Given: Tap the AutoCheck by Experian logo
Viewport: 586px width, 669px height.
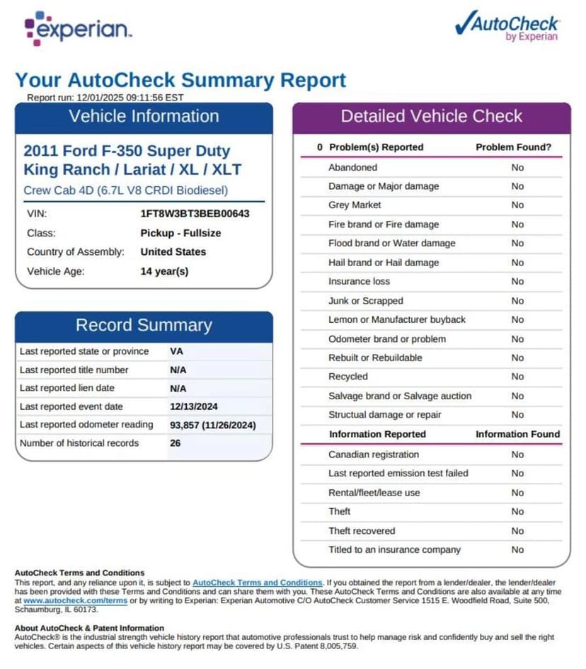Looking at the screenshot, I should tap(507, 26).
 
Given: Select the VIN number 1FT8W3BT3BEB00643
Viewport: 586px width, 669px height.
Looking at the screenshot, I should tap(195, 213).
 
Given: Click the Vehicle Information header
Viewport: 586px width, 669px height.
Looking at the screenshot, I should tap(144, 116).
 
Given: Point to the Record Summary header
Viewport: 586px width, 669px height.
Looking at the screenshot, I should tap(144, 325).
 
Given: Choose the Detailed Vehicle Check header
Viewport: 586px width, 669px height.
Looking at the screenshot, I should tap(431, 116).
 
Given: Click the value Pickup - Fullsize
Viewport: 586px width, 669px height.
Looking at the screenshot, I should tap(180, 233).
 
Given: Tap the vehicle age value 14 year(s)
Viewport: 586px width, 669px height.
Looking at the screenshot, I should tap(164, 271).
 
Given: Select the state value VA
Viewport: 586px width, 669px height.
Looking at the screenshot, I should tap(176, 351).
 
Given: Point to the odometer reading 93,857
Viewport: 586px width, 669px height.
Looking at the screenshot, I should tap(186, 425).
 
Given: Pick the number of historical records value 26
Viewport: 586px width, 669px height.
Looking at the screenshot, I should tap(176, 443).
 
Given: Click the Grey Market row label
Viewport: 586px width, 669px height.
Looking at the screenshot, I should tap(355, 205).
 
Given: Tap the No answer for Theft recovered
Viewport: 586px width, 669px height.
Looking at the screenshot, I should tap(517, 531).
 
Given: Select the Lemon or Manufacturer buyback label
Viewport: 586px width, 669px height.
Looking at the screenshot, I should tap(396, 320).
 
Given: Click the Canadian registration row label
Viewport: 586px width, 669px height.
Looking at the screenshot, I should tap(373, 454).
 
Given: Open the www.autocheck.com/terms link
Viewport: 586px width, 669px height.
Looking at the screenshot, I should tap(76, 600).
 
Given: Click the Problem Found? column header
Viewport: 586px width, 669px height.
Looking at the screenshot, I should tap(513, 147).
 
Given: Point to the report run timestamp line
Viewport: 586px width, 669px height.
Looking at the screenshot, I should tap(105, 98).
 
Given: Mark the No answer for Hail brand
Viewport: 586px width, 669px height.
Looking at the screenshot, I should tap(517, 263).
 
